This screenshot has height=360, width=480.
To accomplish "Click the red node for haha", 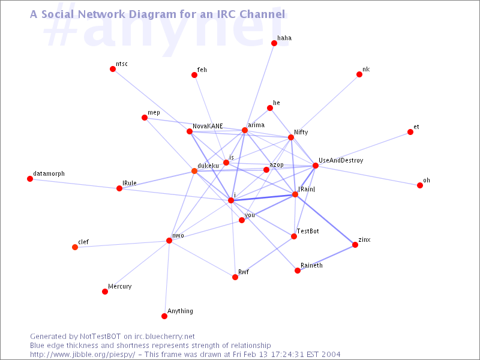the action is (274, 43).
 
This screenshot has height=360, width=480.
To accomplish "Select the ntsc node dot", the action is (113, 69).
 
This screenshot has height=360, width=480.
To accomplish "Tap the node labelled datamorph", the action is (29, 178).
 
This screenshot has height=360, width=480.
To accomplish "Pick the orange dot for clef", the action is (74, 247).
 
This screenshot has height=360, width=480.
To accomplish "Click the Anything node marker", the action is (164, 316).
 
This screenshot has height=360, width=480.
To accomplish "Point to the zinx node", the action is (355, 245).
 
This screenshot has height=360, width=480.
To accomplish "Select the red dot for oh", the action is (419, 185).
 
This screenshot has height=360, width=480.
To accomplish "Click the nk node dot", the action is (359, 74).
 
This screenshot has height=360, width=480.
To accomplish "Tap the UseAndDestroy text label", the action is (341, 160).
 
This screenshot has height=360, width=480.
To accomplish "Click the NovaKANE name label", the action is (208, 126).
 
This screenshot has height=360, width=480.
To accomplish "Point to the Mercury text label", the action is (119, 286).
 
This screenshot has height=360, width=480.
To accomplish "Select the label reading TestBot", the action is (308, 231).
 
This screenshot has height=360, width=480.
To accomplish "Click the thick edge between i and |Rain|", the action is (263, 197).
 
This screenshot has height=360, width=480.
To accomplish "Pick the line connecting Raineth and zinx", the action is (326, 257).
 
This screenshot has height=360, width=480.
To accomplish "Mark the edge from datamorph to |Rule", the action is (74, 184).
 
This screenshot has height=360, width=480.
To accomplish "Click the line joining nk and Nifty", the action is (325, 106).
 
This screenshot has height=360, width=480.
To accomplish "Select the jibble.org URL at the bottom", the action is (82, 355).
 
